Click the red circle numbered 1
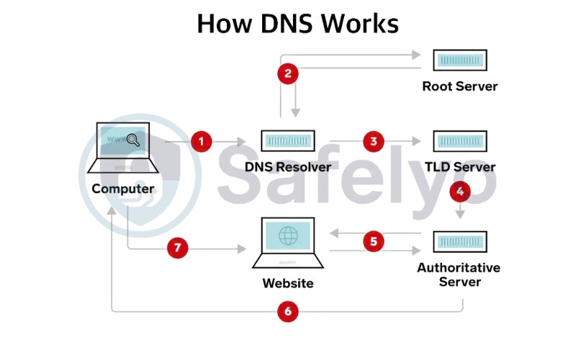tap(201, 141)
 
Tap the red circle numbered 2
tap(288, 73)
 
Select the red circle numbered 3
tap(373, 141)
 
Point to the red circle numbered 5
tap(373, 242)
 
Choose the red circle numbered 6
tap(288, 311)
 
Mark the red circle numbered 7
tap(178, 248)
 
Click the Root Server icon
tap(459, 60)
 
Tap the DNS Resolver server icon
tap(287, 141)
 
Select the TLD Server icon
tap(459, 141)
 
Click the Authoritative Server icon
tap(459, 241)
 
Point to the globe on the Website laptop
tap(288, 235)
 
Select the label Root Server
tap(459, 86)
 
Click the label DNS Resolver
tap(287, 167)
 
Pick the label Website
tap(287, 283)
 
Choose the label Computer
tap(123, 189)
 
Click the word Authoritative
tap(459, 268)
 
